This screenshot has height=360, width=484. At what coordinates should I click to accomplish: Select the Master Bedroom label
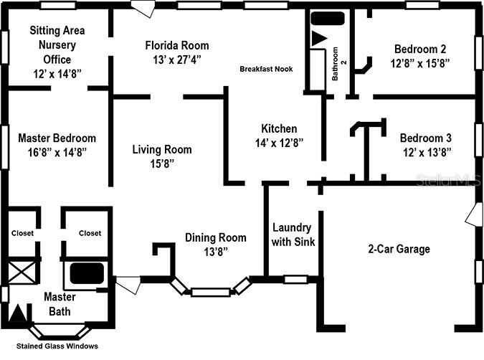57,138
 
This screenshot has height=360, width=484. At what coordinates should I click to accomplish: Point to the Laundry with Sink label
293,235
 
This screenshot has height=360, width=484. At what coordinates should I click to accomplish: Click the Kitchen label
279,128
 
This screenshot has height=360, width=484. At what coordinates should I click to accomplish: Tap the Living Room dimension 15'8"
161,164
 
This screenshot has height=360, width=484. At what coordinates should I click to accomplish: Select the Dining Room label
215,237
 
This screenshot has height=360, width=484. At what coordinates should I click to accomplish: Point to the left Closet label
22,233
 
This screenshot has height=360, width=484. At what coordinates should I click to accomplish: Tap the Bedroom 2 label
420,49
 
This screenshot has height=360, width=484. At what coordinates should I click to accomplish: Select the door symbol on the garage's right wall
473,215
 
